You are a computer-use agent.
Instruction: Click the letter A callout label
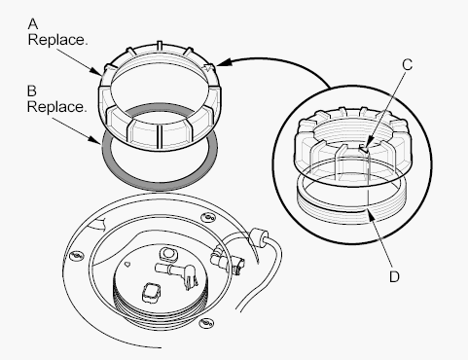[33, 24]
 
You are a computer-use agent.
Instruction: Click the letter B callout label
[32, 91]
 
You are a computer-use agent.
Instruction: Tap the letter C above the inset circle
[407, 64]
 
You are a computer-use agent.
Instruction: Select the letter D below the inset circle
[394, 276]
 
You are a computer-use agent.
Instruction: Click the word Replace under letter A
[57, 40]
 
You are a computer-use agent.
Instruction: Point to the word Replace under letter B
[57, 107]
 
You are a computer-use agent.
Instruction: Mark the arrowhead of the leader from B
[95, 140]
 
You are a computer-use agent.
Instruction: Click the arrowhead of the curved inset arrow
[223, 62]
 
